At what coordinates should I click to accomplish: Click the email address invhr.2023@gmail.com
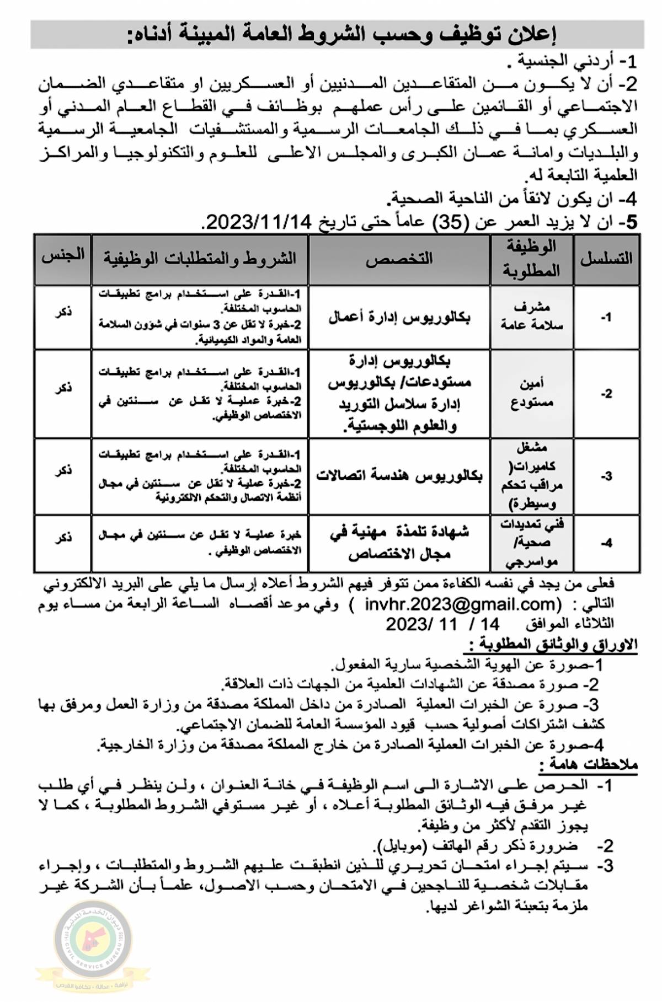[x=461, y=604]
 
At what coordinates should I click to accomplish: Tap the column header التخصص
[x=399, y=260]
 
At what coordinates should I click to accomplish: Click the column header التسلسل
[x=606, y=259]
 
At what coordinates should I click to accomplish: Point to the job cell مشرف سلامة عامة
[x=532, y=317]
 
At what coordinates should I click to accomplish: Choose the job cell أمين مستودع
[x=532, y=393]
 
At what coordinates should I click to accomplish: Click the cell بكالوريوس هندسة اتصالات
[x=399, y=476]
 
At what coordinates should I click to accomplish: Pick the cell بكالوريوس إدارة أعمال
[x=399, y=318]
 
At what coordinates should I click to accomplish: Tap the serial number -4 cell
[x=606, y=543]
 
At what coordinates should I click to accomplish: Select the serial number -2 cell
[x=606, y=394]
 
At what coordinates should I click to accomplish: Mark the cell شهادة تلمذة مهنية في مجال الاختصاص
[x=399, y=543]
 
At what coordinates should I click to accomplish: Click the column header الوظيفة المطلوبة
[x=532, y=259]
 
